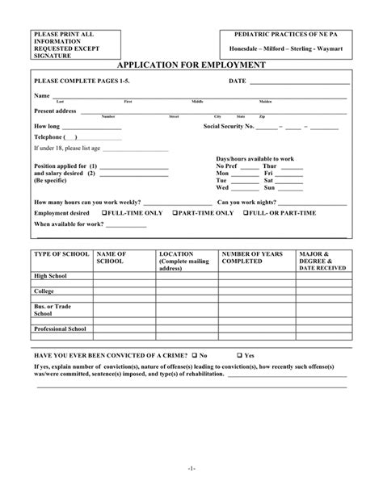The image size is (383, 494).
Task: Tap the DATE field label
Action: tap(238, 82)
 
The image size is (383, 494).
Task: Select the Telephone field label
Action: tap(51, 137)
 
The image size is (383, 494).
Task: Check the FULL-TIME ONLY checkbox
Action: tap(106, 213)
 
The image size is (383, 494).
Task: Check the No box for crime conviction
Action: tap(195, 355)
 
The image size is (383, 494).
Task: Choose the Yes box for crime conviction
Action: tap(240, 355)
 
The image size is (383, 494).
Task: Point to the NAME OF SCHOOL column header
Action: tap(110, 257)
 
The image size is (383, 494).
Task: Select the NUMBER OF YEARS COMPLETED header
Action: tap(252, 257)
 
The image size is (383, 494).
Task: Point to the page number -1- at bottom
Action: tap(191, 467)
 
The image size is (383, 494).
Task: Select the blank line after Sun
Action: tap(290, 187)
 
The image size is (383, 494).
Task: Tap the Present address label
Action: tap(55, 110)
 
